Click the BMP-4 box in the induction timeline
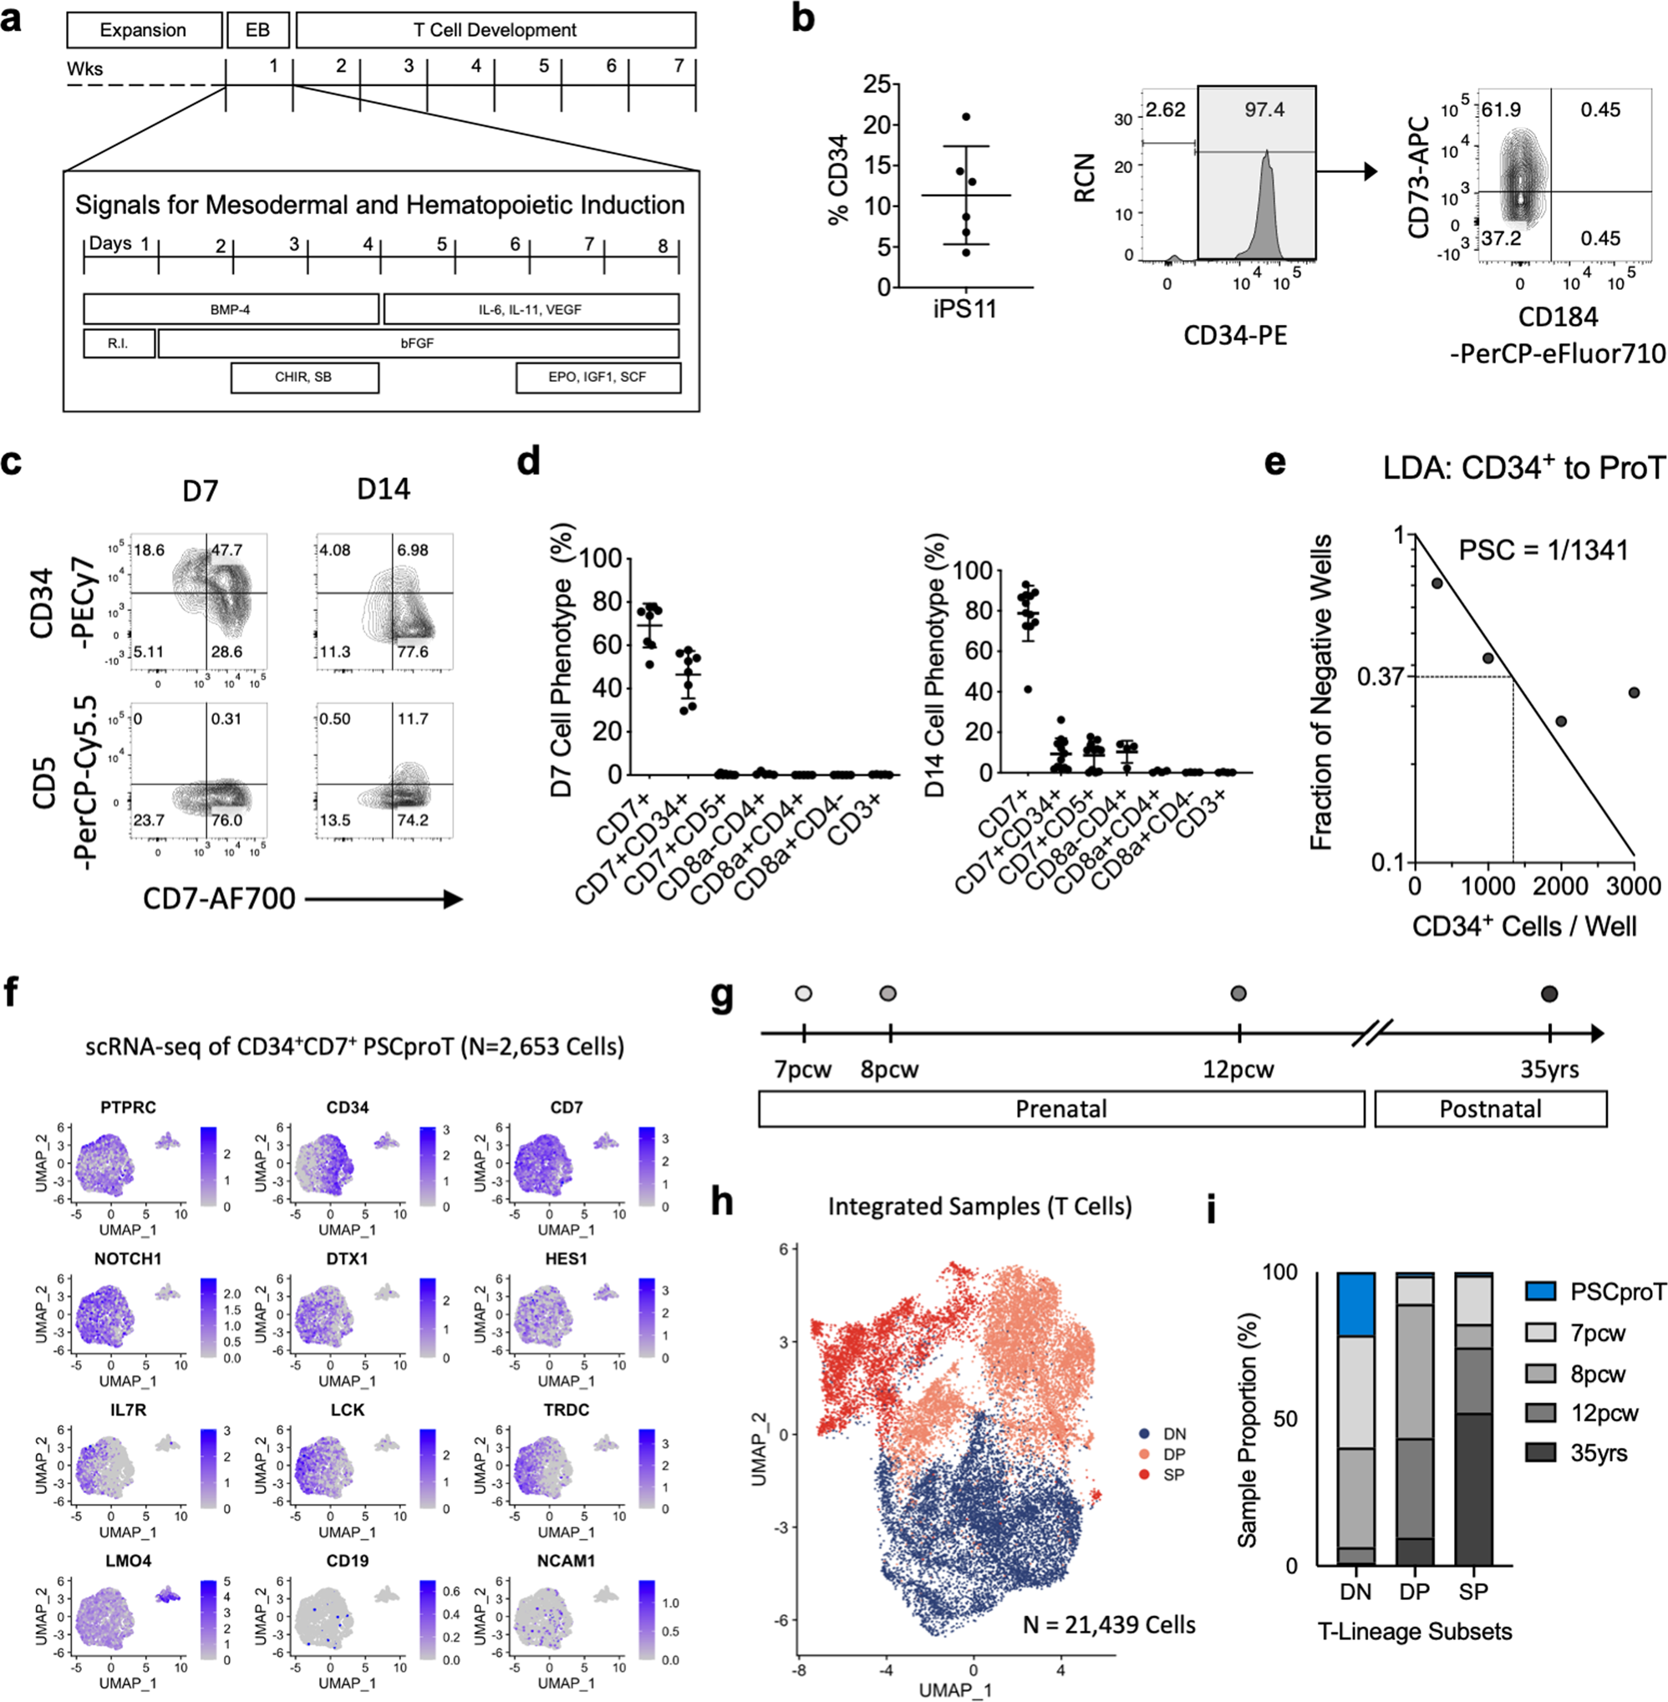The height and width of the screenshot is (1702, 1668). (x=231, y=309)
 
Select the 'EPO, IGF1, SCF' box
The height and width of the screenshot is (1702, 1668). (x=598, y=378)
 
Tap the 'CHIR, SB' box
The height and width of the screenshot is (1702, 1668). (x=304, y=378)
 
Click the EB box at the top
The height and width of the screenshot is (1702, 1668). (x=257, y=31)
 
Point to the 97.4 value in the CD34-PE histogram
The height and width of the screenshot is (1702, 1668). (x=1264, y=109)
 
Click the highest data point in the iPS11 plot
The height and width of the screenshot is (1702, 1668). (x=966, y=116)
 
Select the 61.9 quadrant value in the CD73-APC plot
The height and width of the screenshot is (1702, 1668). (x=1502, y=110)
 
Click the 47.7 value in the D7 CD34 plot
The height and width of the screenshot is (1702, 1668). (x=226, y=550)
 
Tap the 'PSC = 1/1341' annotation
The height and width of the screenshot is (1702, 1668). (x=1543, y=550)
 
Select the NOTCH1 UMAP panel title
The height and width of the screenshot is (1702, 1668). (x=128, y=1259)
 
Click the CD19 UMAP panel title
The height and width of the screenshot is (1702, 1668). (x=347, y=1561)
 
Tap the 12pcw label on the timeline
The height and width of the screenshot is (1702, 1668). (x=1238, y=1069)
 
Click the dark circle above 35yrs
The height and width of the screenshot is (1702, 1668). (x=1548, y=993)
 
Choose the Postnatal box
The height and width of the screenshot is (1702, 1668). (x=1490, y=1109)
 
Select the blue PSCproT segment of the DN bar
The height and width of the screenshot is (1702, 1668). (x=1355, y=1304)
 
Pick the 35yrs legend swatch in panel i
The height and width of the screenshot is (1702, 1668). (x=1540, y=1453)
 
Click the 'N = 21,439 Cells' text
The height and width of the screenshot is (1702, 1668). (x=1108, y=1626)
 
